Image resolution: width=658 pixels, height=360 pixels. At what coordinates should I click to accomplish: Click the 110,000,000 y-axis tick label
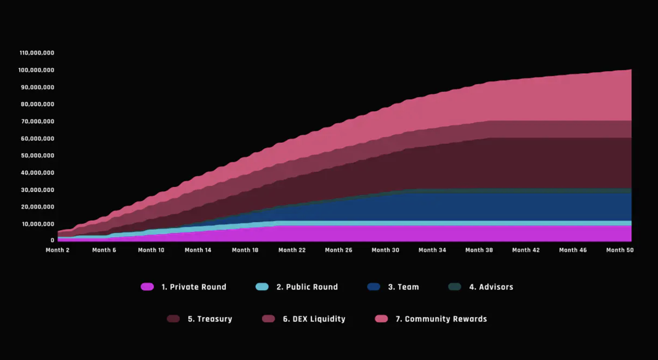[x=37, y=53]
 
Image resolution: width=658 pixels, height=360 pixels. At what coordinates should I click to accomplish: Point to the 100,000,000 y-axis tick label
[x=37, y=70]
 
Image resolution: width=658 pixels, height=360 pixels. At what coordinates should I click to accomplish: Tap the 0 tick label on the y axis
[x=53, y=241]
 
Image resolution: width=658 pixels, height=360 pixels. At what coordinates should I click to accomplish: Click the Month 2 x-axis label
[x=58, y=250]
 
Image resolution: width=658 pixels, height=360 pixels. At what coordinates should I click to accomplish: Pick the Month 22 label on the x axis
[x=292, y=250]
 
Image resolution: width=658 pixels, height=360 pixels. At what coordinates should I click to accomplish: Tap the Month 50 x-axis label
[x=620, y=250]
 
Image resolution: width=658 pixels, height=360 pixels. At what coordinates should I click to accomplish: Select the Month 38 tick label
[x=479, y=250]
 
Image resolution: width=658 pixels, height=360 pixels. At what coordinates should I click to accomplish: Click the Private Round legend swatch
[x=148, y=287]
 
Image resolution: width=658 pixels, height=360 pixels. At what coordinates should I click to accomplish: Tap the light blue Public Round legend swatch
[x=262, y=287]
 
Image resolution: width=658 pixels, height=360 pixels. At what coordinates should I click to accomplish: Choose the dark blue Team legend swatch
[x=374, y=287]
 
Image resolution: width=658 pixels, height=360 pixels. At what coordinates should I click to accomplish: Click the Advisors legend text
[x=491, y=287]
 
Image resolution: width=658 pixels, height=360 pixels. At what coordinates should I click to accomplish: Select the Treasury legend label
[x=209, y=319]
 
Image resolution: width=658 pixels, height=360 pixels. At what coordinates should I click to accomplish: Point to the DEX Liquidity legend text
[x=314, y=319]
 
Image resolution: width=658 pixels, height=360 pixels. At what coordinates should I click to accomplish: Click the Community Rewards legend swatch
[x=381, y=319]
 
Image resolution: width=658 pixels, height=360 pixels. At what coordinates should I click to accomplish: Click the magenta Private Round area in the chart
[x=384, y=233]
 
